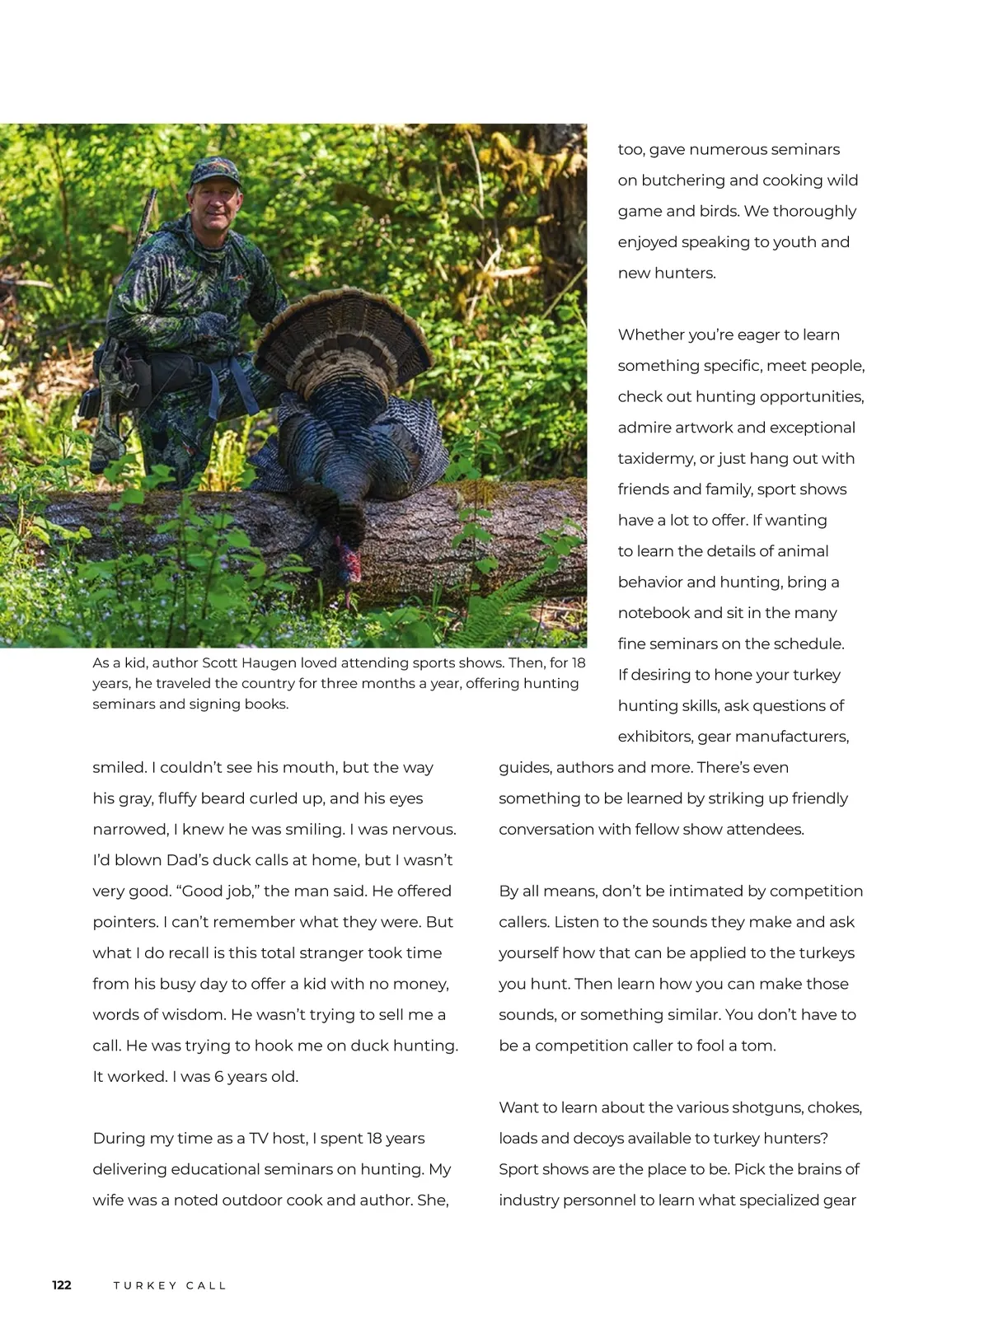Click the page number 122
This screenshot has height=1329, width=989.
(x=62, y=1285)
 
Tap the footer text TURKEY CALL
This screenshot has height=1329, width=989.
(x=170, y=1285)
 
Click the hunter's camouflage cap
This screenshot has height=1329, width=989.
(x=214, y=172)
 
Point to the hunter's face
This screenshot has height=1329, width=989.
(x=216, y=206)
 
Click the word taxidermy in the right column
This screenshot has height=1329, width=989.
(x=654, y=458)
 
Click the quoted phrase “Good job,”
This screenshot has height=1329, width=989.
(x=217, y=891)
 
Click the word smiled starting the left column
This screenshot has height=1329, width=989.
(x=119, y=767)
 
